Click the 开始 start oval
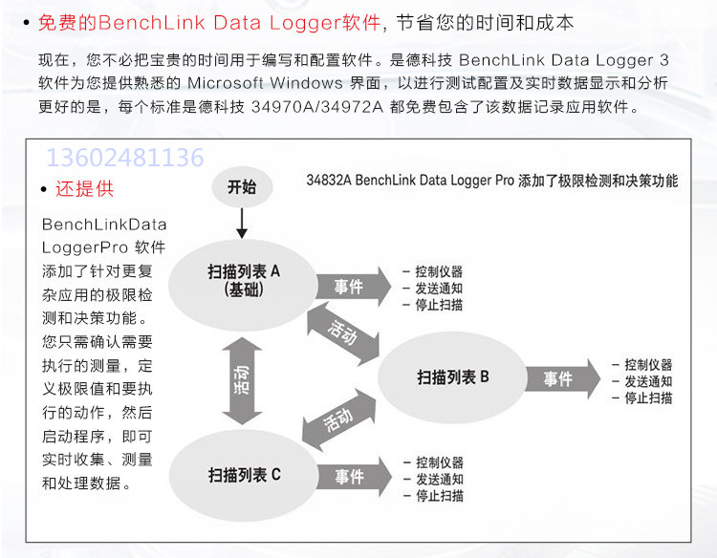coord(242,187)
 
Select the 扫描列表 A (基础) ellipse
coord(243,285)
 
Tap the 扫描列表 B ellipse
coord(453,377)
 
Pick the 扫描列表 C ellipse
coord(243,475)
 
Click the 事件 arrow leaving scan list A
coord(354,287)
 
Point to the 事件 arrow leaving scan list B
coord(563,378)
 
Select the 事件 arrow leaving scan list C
coord(355,477)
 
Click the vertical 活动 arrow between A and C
coord(242,380)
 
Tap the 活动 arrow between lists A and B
coord(343,333)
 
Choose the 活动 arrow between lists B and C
coord(338,420)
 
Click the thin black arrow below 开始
coord(242,223)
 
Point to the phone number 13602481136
coord(125,158)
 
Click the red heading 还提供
coord(84,189)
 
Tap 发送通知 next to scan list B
coord(648,381)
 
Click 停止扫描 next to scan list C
coord(440,496)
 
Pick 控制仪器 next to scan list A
coord(439,271)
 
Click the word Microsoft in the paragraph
coord(226,83)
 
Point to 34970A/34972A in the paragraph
coord(317,106)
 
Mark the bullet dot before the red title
coord(27,22)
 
